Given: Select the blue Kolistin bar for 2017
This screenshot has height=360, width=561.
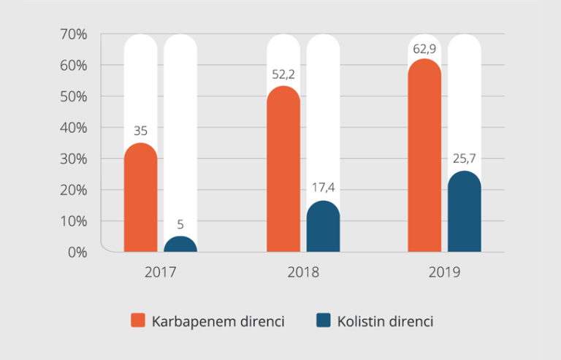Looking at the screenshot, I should (180, 245).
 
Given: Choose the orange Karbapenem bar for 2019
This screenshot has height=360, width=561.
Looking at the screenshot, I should (424, 156).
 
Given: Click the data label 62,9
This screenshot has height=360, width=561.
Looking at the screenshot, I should (424, 49).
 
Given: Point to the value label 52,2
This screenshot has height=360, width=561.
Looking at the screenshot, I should (283, 75).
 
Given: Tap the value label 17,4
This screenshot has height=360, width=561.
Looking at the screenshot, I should (323, 188).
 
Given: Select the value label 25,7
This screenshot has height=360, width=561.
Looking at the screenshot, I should (464, 158).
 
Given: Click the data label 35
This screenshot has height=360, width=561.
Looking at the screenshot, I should (140, 131).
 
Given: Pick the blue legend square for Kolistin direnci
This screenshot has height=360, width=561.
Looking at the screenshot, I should (323, 321).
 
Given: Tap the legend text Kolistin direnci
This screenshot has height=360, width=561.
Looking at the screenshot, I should (385, 321).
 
